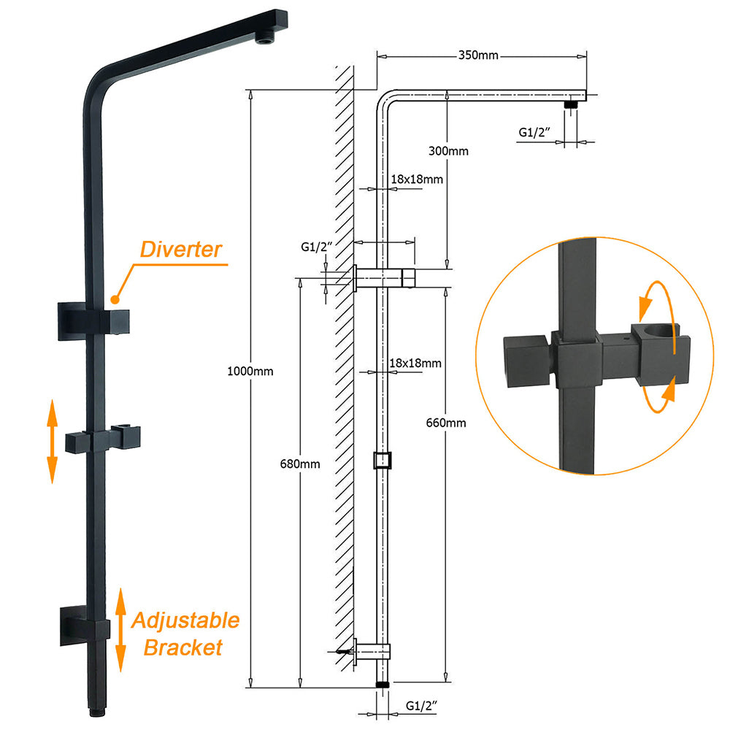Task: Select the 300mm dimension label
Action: (449, 151)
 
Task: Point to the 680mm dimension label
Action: (300, 464)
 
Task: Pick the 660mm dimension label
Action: (446, 423)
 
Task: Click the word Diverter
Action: (181, 250)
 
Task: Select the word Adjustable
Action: (185, 620)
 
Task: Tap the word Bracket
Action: (182, 648)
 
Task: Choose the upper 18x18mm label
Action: (417, 179)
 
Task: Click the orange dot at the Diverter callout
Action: (114, 299)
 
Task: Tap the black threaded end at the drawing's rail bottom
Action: (380, 685)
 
